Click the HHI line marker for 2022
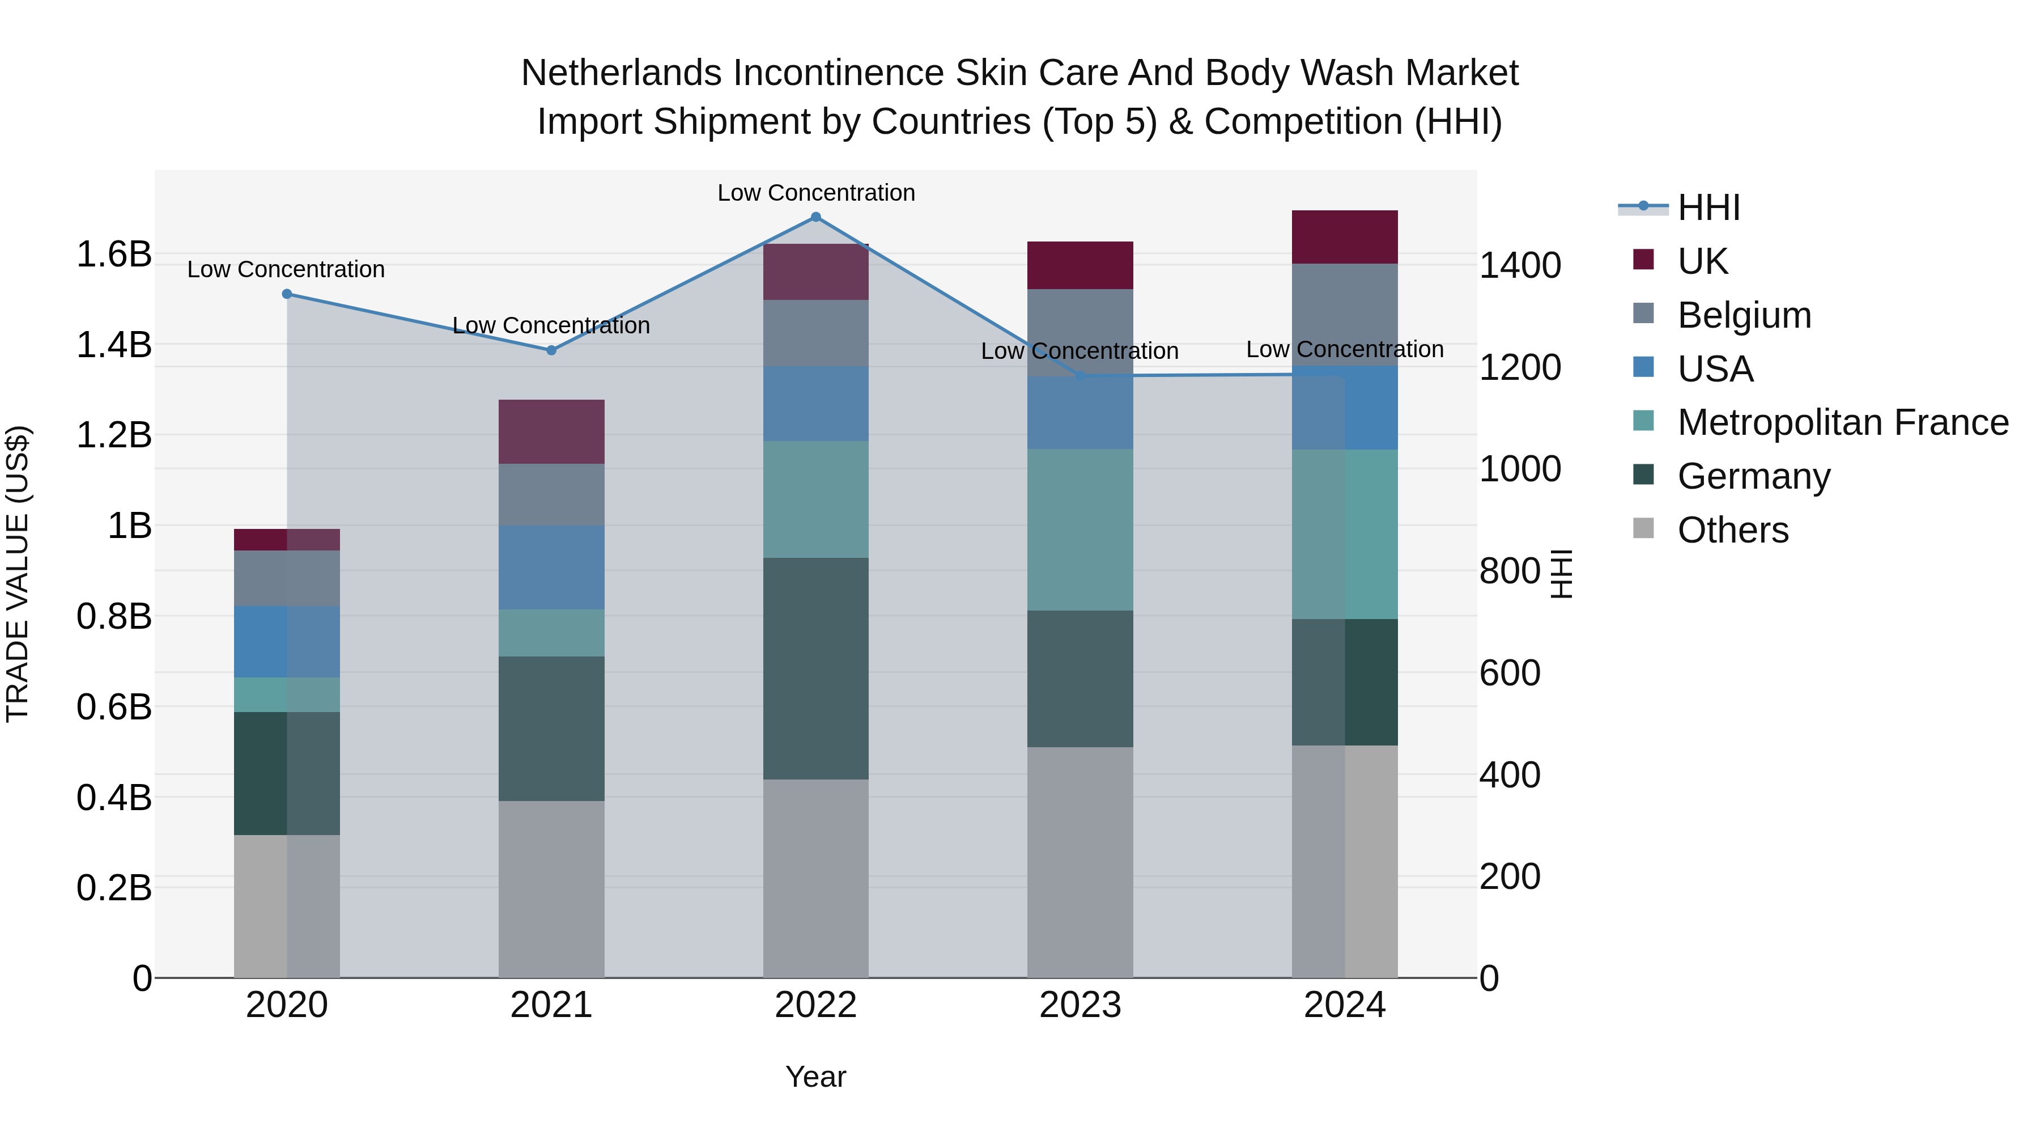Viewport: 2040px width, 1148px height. coord(815,217)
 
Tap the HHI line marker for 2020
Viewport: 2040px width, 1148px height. coord(287,294)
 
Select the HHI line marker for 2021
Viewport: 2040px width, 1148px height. coord(551,350)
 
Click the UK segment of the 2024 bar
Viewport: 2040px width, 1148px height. coord(1344,237)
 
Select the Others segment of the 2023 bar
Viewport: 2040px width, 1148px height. coord(1079,861)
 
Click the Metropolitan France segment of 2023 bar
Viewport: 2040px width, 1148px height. coord(1079,529)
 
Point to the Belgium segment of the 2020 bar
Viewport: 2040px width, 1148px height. coord(287,578)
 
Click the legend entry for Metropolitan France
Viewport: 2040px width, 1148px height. coord(1842,422)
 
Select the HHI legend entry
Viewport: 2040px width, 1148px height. coord(1708,207)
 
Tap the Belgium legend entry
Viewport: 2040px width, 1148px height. coord(1744,315)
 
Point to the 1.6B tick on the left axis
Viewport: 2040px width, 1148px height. coord(113,255)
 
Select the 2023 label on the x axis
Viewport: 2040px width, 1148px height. coord(1079,1005)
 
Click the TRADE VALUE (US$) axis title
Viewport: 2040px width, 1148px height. coord(18,574)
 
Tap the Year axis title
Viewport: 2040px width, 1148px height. coord(815,1077)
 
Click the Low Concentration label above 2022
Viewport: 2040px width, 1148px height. coord(815,193)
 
